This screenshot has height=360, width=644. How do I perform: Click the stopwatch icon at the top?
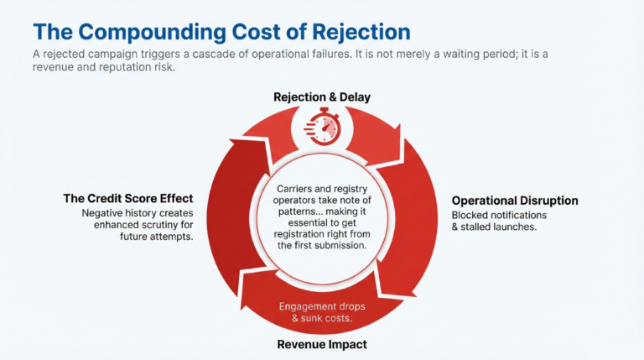tap(322, 127)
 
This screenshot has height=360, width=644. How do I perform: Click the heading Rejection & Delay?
tap(322, 97)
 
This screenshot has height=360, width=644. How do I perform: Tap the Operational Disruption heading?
tap(515, 201)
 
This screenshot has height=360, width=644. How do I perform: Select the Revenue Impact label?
tap(322, 344)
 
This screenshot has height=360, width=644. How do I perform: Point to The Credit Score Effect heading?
tap(128, 199)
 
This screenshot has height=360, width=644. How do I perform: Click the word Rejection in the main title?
tap(358, 33)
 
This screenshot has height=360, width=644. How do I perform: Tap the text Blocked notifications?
tap(500, 215)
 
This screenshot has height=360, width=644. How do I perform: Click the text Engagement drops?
tap(322, 306)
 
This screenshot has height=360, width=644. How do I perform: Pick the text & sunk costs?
tap(322, 319)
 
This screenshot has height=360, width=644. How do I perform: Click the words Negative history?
tap(111, 213)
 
